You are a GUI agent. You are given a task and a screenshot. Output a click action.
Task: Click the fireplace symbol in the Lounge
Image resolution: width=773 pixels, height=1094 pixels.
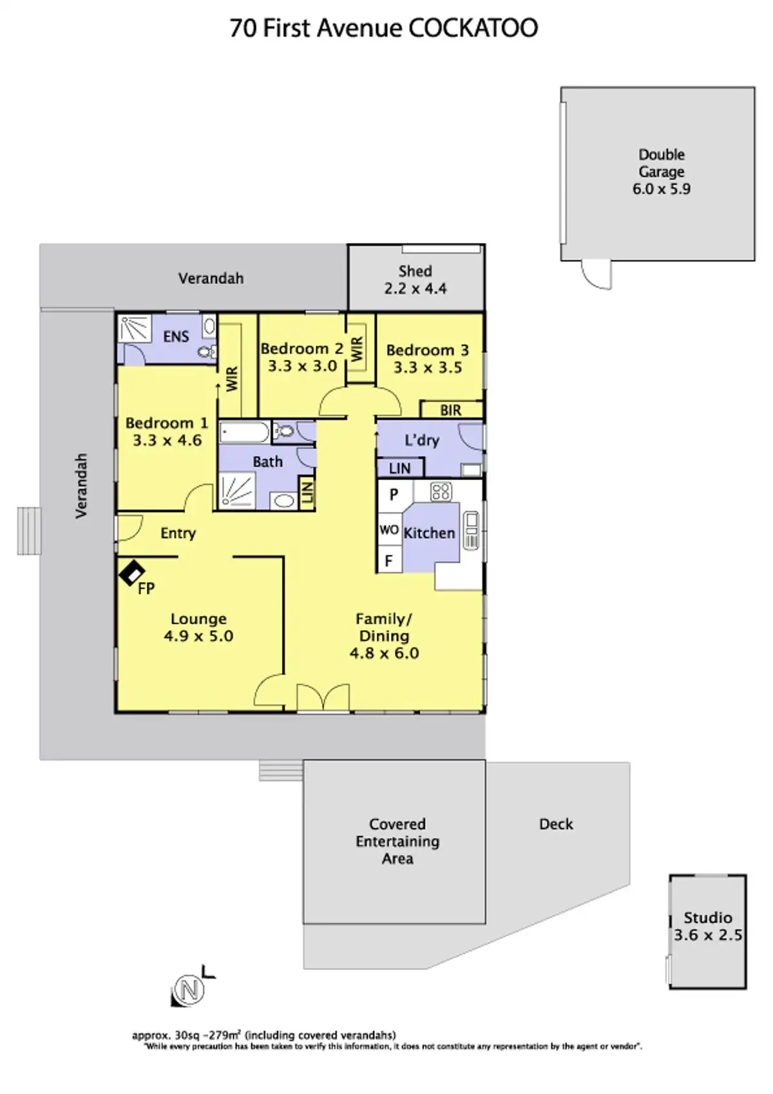tap(131, 572)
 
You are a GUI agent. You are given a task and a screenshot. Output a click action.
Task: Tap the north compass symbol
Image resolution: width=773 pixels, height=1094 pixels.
tap(188, 990)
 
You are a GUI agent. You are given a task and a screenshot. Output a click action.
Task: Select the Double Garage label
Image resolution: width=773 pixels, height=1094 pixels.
tap(662, 163)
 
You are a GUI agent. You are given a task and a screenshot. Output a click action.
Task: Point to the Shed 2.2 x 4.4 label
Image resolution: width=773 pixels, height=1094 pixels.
tap(415, 280)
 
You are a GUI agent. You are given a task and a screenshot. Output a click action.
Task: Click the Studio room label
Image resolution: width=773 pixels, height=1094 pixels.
tap(708, 917)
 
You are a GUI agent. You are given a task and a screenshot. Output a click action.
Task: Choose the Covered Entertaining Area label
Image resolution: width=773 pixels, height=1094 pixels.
tap(397, 841)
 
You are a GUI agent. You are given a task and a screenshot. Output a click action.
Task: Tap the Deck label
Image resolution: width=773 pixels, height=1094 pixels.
tap(556, 824)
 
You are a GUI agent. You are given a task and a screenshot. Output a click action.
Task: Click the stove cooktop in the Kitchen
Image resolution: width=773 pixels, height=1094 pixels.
tap(441, 492)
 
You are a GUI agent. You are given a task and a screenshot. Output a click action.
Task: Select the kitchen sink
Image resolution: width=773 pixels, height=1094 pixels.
tap(472, 530)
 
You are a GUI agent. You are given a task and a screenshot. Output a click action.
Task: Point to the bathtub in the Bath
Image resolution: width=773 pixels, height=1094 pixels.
tap(244, 432)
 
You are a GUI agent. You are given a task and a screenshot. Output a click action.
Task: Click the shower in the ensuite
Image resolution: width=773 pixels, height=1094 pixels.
tap(134, 329)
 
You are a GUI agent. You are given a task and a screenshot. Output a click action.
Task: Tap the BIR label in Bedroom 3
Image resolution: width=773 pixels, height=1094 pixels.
tap(451, 410)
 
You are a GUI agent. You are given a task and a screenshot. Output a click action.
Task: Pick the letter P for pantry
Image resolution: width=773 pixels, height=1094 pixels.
tap(394, 495)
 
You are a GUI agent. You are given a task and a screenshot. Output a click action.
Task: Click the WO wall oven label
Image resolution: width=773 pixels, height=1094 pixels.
tap(388, 530)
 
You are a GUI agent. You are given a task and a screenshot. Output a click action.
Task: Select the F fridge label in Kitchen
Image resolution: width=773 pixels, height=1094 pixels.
tap(388, 561)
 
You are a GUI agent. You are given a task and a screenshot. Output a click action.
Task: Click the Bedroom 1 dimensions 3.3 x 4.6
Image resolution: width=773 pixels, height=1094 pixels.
tap(167, 441)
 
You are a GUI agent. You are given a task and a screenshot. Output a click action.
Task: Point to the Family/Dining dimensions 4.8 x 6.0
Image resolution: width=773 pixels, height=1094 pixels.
tap(384, 653)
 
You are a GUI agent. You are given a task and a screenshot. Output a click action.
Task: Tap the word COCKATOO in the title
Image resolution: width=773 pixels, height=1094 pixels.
tap(473, 28)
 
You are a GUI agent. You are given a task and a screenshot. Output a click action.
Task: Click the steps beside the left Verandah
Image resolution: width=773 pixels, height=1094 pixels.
tap(29, 531)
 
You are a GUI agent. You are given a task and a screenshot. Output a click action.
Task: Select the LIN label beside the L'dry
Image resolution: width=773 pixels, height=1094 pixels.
tap(399, 468)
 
